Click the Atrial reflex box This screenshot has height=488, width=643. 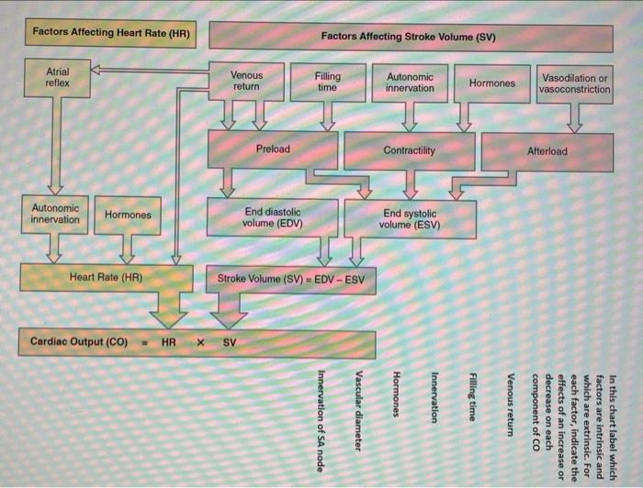[56, 76]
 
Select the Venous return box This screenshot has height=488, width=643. [245, 81]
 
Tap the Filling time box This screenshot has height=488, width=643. [326, 81]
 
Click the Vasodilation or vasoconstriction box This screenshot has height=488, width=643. [575, 83]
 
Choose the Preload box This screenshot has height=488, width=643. [273, 150]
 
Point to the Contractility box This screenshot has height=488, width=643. [410, 150]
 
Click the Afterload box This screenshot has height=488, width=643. [547, 151]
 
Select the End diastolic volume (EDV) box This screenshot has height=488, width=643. [272, 216]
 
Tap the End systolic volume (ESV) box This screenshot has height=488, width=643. [410, 219]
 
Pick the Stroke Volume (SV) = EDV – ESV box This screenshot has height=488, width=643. [290, 279]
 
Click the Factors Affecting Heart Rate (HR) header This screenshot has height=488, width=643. [111, 33]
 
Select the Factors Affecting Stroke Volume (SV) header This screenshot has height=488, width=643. [410, 37]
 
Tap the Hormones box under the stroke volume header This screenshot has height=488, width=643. [492, 83]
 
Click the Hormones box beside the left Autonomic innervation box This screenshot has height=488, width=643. [128, 215]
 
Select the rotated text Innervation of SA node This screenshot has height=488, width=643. [321, 412]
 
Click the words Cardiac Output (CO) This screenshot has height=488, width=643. [79, 341]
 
